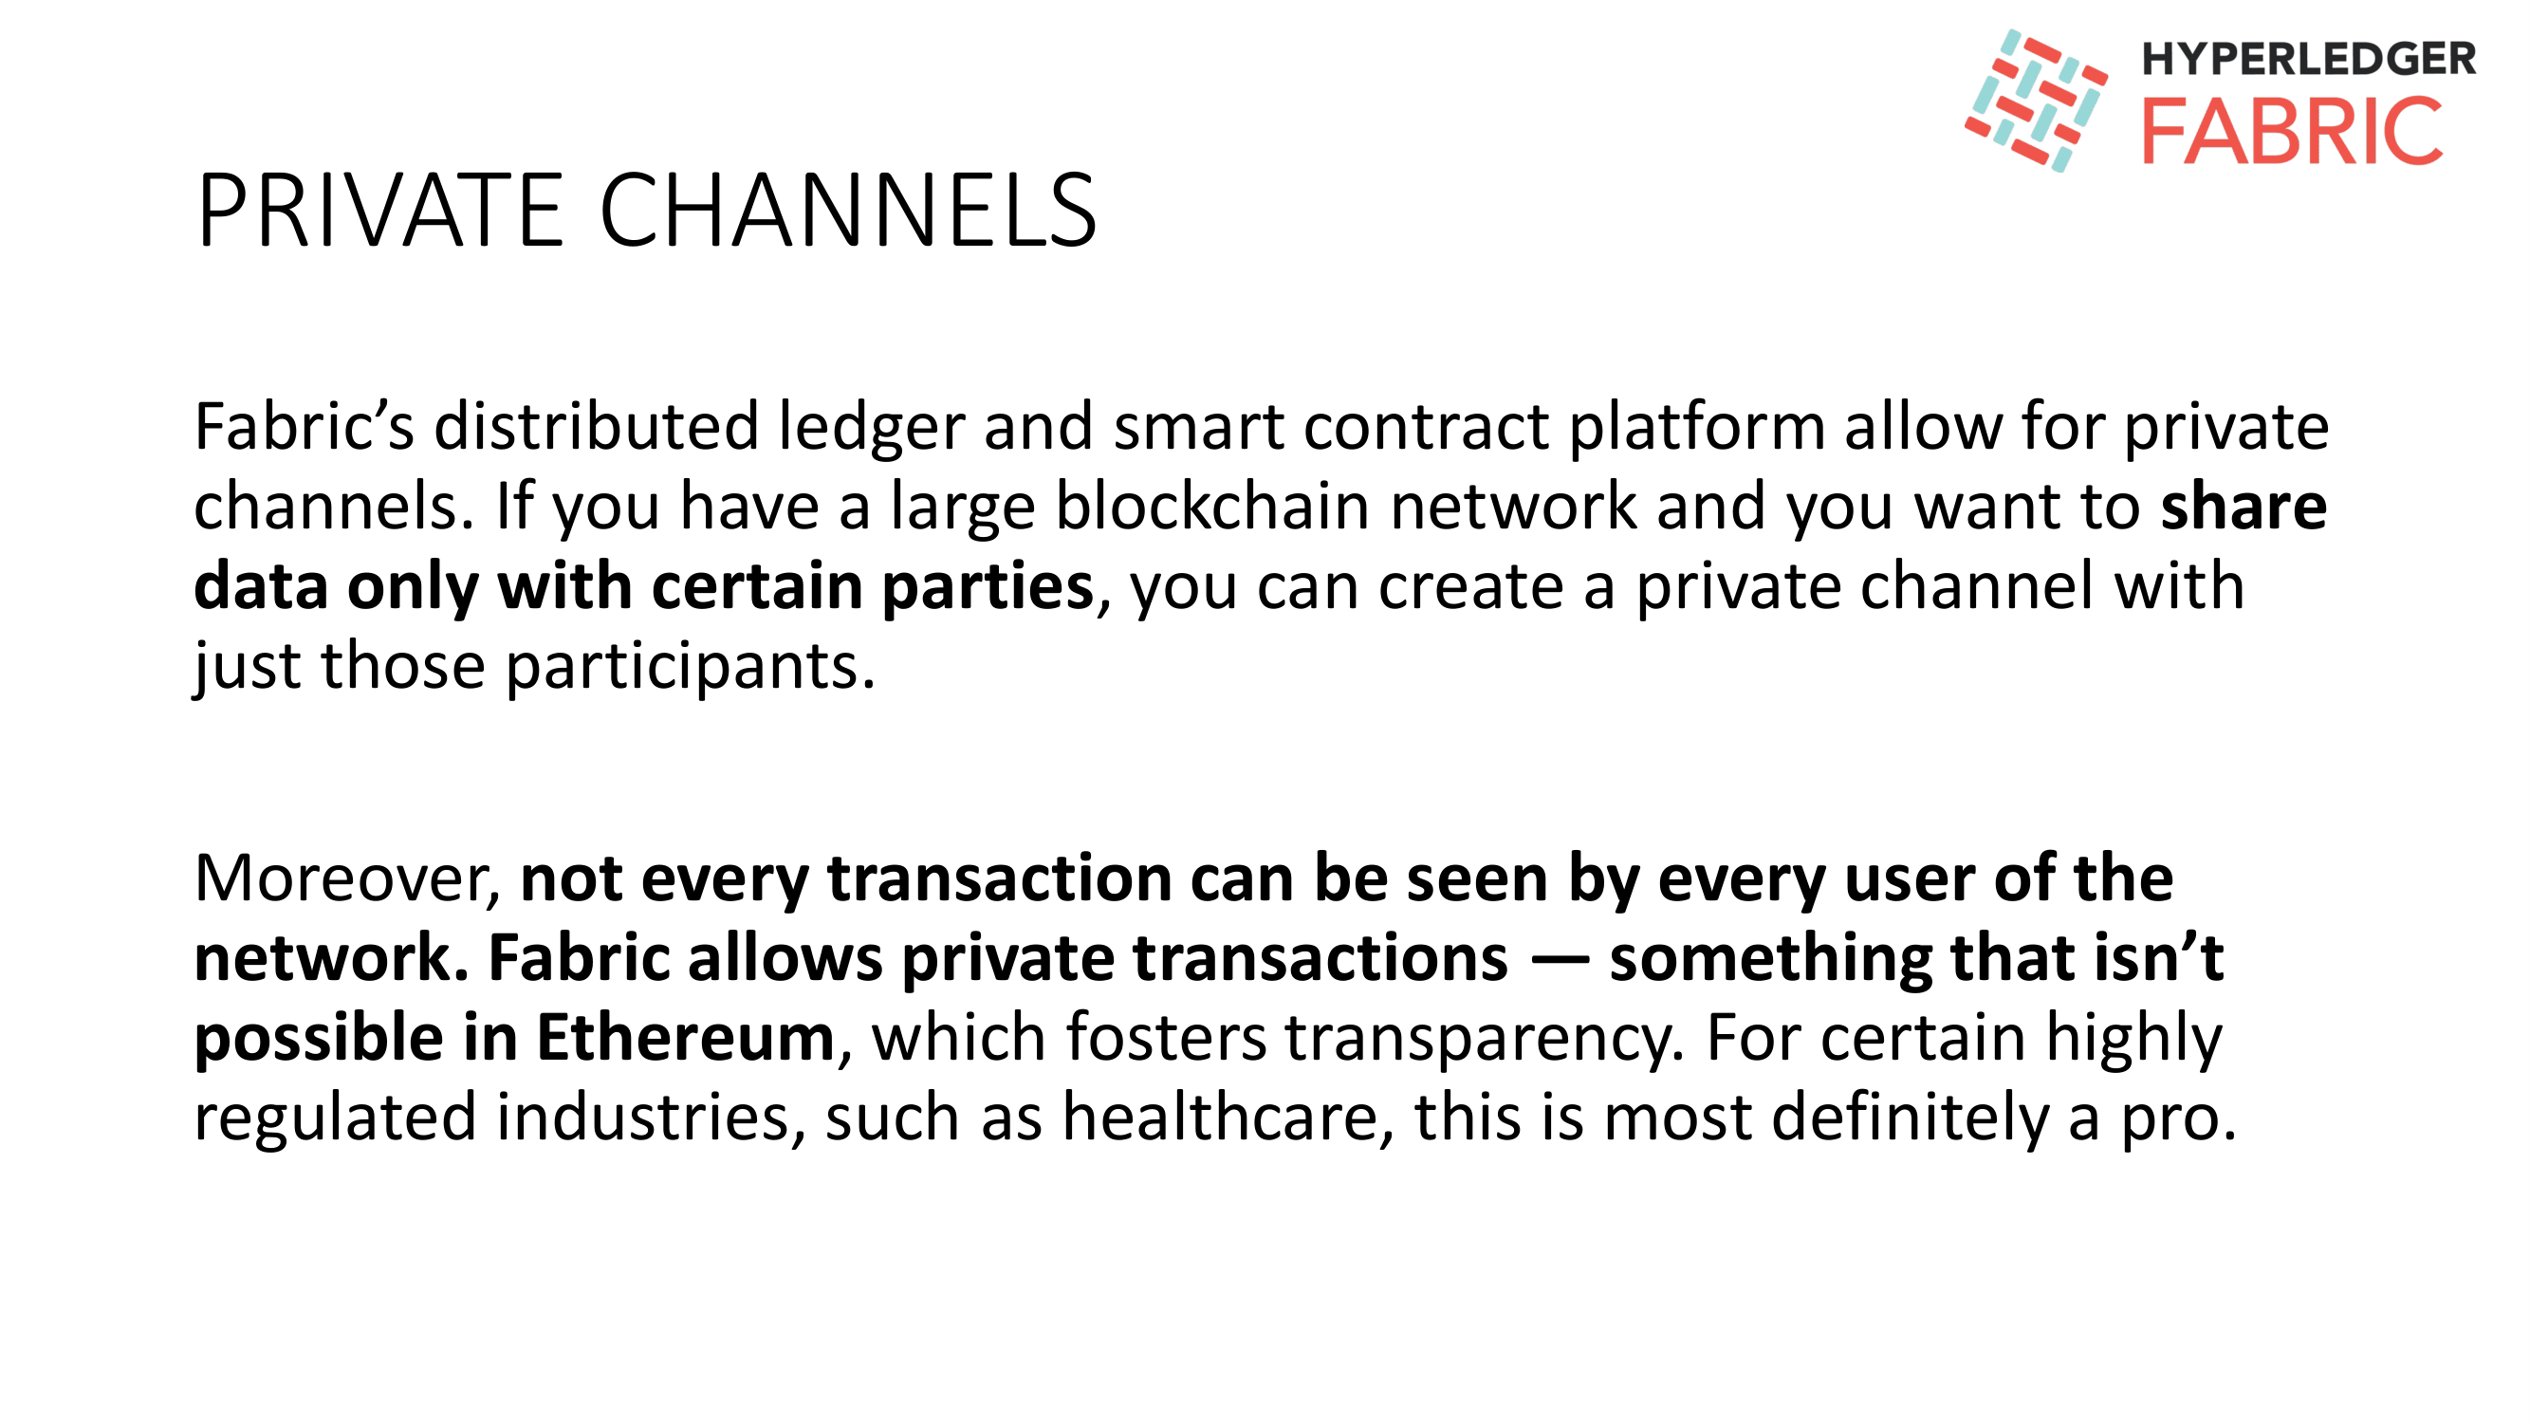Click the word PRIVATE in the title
tap(380, 211)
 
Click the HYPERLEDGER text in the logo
tap(2308, 59)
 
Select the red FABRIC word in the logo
tap(2291, 131)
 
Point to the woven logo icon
tap(2035, 101)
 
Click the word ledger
tap(872, 428)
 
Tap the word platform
tap(1696, 428)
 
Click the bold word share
tap(2244, 507)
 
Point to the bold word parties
tap(988, 587)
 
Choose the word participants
tap(690, 668)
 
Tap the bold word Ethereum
tap(686, 1038)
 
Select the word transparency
tap(1485, 1038)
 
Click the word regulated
tap(335, 1118)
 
